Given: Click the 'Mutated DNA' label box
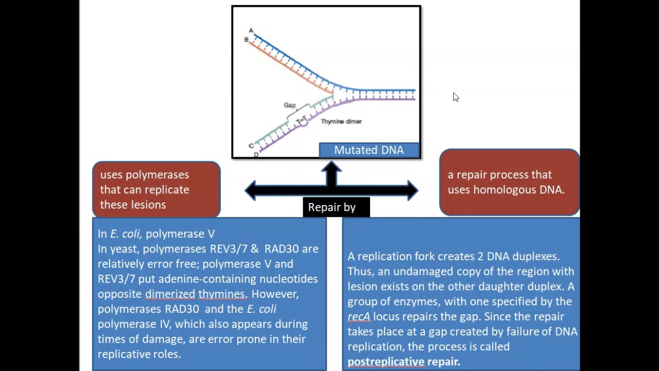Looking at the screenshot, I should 369,150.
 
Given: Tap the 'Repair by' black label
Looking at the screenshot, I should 332,207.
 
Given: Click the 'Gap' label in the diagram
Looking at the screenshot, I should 290,105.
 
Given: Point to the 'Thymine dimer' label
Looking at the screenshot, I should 341,122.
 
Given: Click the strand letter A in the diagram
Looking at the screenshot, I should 251,30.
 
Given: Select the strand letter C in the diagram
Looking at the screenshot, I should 251,146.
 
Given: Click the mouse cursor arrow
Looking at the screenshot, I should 456,97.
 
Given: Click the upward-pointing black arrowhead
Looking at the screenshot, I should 332,167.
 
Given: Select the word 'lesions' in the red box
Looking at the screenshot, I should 148,205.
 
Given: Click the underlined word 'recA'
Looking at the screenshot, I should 358,316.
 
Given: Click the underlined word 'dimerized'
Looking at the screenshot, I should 170,294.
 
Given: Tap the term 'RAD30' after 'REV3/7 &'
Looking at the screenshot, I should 281,249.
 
